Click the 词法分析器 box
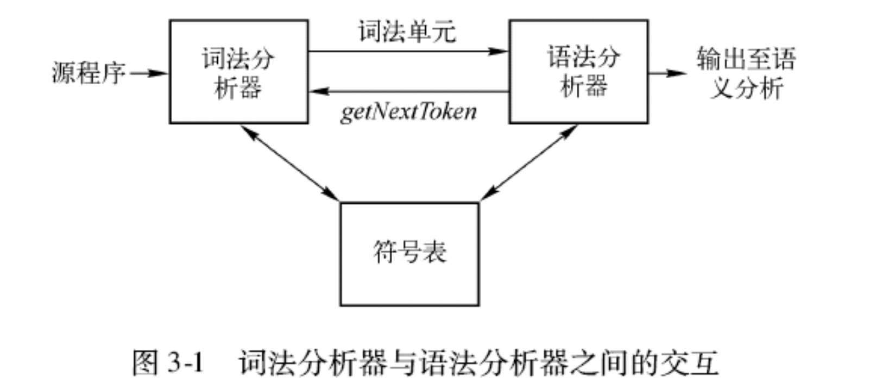click(x=239, y=72)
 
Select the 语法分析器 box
click(x=578, y=72)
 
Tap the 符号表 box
click(x=409, y=254)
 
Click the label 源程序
click(x=89, y=73)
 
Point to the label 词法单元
click(x=407, y=32)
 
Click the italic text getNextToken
click(x=408, y=112)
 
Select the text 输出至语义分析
click(x=746, y=73)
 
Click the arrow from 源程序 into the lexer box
click(x=149, y=73)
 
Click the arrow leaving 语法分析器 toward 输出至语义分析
click(x=667, y=73)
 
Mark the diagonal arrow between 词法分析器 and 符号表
click(x=290, y=163)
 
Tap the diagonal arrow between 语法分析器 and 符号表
click(x=529, y=163)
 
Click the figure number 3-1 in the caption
click(x=185, y=362)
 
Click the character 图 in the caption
click(x=146, y=362)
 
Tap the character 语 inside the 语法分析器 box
click(x=559, y=57)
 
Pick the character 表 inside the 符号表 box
click(x=434, y=253)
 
